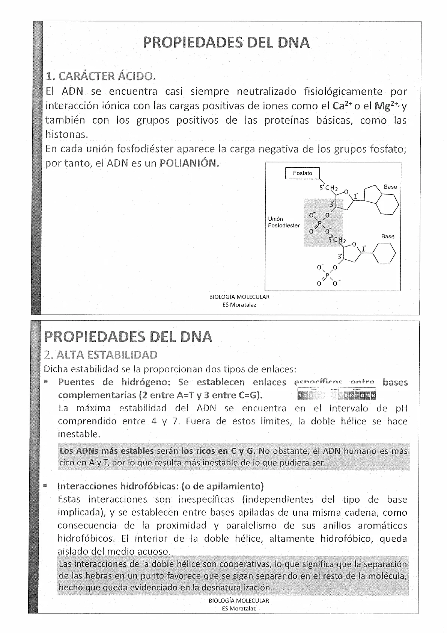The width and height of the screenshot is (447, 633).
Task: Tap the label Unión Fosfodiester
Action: click(283, 222)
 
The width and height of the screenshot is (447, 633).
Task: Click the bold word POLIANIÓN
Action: click(189, 164)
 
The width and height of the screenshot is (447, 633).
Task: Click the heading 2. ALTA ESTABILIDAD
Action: click(100, 355)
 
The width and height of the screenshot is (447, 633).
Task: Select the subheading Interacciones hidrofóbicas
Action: click(117, 486)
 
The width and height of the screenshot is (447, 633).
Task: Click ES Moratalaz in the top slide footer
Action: click(239, 305)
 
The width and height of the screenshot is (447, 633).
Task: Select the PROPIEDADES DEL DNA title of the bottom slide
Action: click(128, 337)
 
